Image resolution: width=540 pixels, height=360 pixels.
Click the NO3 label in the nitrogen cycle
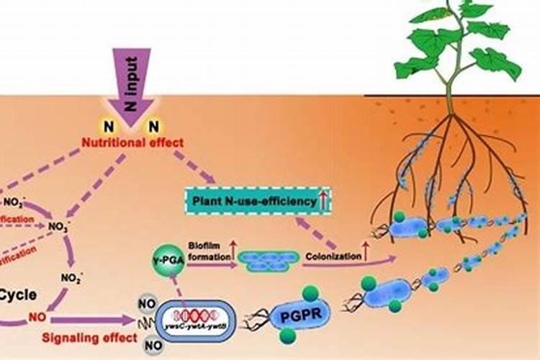(56, 226)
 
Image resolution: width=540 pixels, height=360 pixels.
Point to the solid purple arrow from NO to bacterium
(86, 318)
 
